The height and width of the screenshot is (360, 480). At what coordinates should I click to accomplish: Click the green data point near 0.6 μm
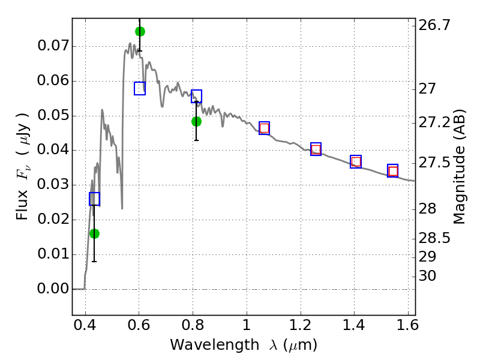(140, 31)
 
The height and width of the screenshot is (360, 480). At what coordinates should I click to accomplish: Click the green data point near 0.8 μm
(196, 121)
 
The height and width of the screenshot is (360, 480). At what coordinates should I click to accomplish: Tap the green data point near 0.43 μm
(94, 233)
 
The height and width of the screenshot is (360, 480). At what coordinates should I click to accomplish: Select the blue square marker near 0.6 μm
(140, 88)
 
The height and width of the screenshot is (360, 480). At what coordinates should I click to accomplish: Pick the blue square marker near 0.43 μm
(94, 199)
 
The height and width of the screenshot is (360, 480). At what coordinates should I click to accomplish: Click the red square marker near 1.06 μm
(264, 128)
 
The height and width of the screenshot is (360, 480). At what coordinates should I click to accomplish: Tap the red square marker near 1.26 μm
(316, 149)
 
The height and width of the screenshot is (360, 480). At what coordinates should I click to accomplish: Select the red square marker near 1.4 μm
(356, 161)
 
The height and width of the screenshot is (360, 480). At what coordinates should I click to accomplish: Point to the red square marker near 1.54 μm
(393, 171)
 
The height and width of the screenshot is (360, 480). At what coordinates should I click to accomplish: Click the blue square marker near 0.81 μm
(196, 96)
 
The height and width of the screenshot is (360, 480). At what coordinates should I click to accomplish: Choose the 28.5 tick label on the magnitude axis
(436, 238)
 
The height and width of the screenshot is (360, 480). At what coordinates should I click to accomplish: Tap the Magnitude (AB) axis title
(460, 167)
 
